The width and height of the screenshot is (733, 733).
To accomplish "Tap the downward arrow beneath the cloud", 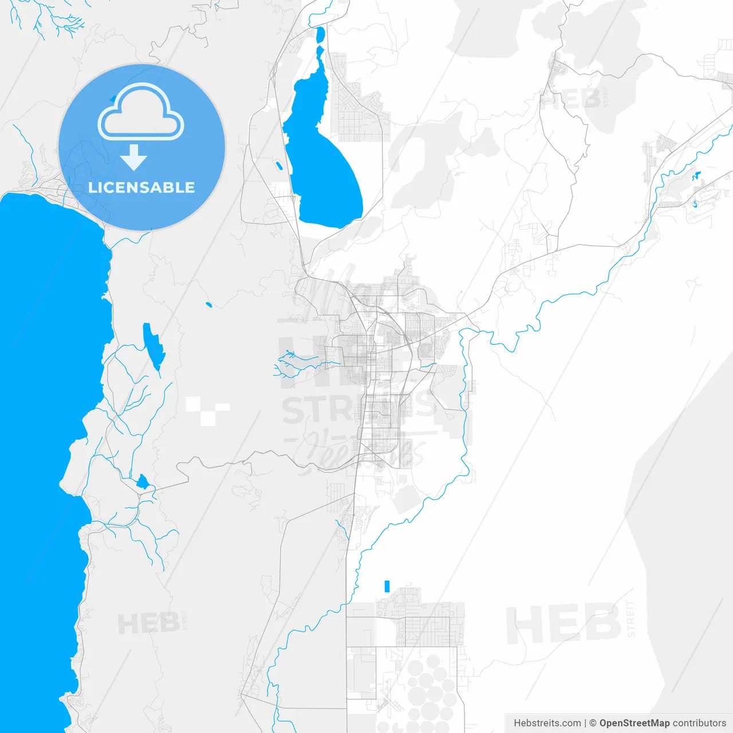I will (134, 157).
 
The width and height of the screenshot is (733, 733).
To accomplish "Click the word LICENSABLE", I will (141, 187).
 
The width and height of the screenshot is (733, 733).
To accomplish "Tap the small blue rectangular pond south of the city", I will (387, 586).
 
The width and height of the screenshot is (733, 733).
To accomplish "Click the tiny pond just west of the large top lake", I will (279, 166).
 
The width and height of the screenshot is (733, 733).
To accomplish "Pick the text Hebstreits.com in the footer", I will (547, 723).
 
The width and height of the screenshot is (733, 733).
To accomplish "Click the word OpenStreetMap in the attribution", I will (634, 723).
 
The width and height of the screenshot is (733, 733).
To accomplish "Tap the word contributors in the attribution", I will (699, 723).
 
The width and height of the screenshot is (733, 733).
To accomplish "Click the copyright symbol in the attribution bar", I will (593, 723).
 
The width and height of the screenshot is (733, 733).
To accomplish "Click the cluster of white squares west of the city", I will (206, 410).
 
